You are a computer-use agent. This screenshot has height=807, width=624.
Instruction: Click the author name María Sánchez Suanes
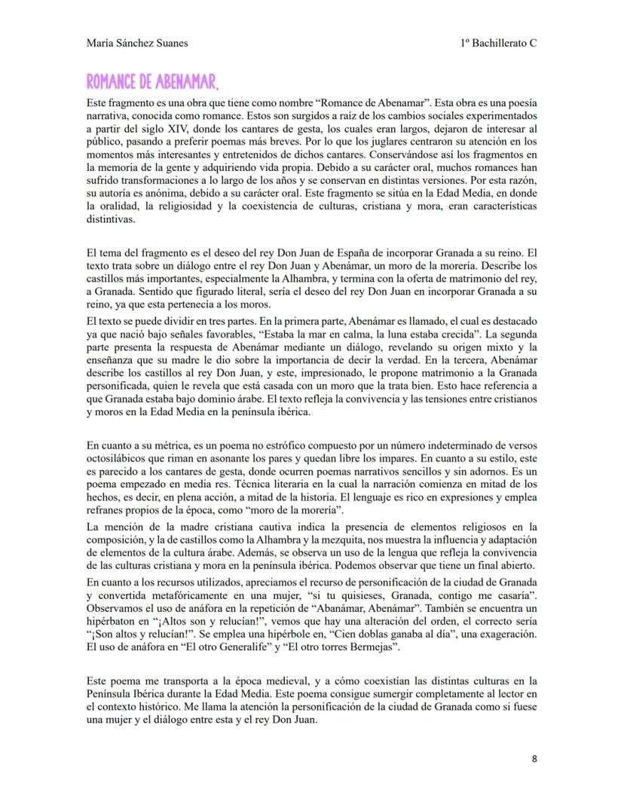137,44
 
